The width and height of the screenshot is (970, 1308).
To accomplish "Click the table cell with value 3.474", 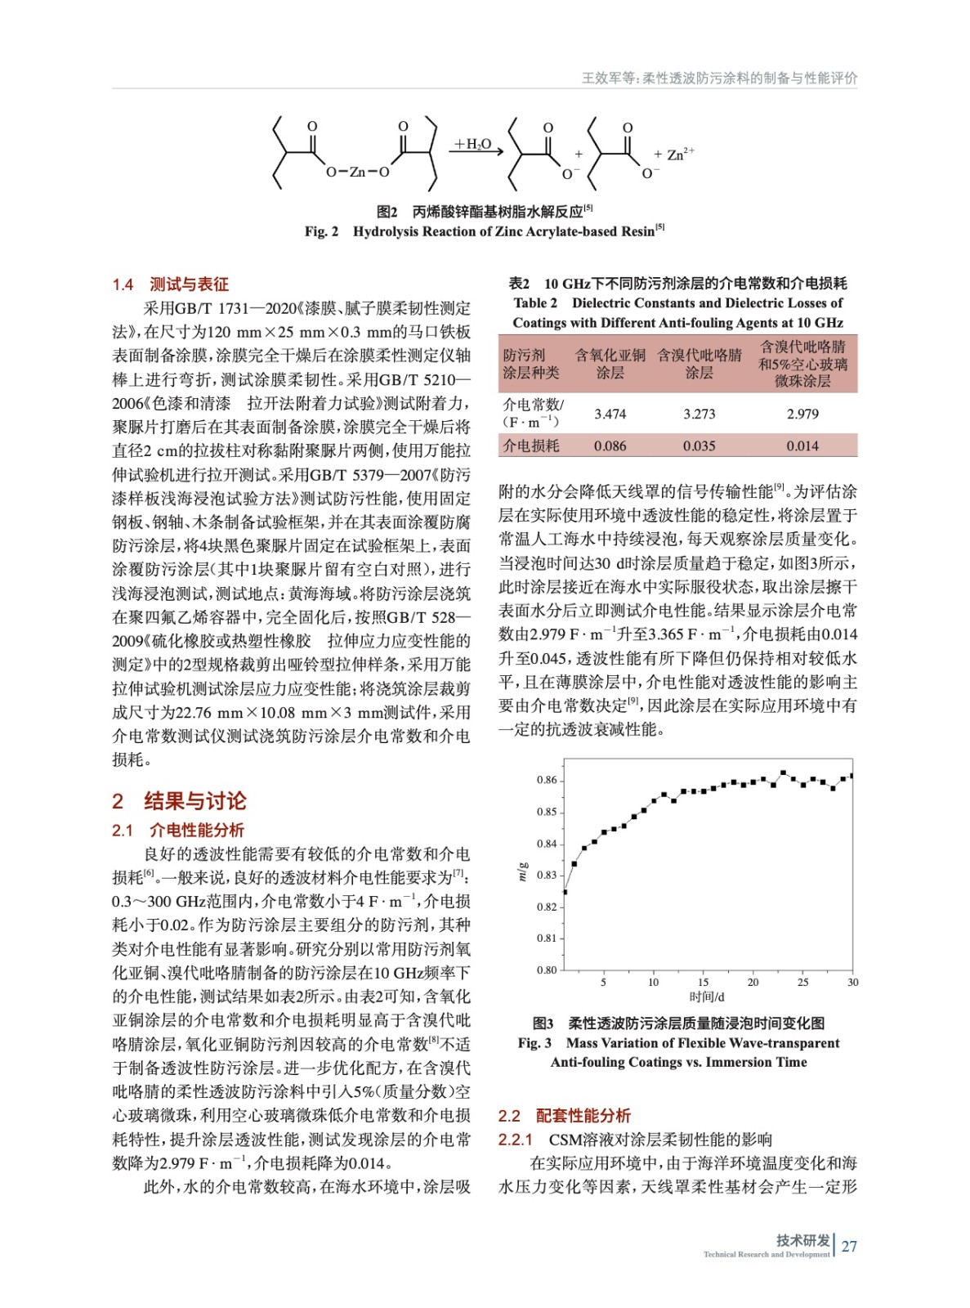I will [x=610, y=414].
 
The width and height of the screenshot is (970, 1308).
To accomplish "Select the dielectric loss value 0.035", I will [x=699, y=446].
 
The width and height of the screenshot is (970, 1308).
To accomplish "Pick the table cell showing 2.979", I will [x=802, y=414].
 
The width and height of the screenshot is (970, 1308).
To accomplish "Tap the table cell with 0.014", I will [x=802, y=446].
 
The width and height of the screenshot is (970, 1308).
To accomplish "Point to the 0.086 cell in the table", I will [x=610, y=446].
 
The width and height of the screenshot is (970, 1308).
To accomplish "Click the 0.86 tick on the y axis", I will [x=547, y=780].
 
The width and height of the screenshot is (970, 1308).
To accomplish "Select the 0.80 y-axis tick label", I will [x=547, y=970].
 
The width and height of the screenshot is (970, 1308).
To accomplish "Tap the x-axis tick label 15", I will [x=703, y=982].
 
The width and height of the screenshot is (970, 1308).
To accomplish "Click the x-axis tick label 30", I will [x=852, y=982].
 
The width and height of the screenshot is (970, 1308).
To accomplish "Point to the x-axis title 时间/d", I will [x=707, y=997].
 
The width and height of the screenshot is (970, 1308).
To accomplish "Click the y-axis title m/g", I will [x=522, y=871].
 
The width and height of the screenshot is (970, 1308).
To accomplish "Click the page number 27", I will [x=849, y=1246].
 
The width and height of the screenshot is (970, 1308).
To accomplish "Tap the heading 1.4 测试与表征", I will [x=170, y=284].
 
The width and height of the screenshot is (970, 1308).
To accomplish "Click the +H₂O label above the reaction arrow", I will [x=473, y=145].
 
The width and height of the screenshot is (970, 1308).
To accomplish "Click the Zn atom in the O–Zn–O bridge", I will [x=357, y=172].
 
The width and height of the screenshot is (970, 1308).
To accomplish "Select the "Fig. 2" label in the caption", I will [x=321, y=231].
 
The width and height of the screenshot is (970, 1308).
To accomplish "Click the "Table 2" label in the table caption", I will [x=535, y=303].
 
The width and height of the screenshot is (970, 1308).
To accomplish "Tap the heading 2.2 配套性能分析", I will [x=564, y=1115].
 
